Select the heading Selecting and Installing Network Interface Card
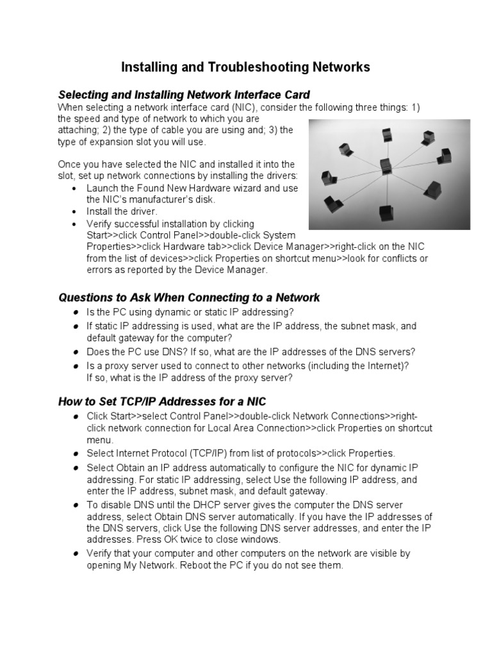point(184,95)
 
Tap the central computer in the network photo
point(385,166)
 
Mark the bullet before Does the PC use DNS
point(76,352)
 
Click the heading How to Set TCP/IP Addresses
point(162,402)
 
